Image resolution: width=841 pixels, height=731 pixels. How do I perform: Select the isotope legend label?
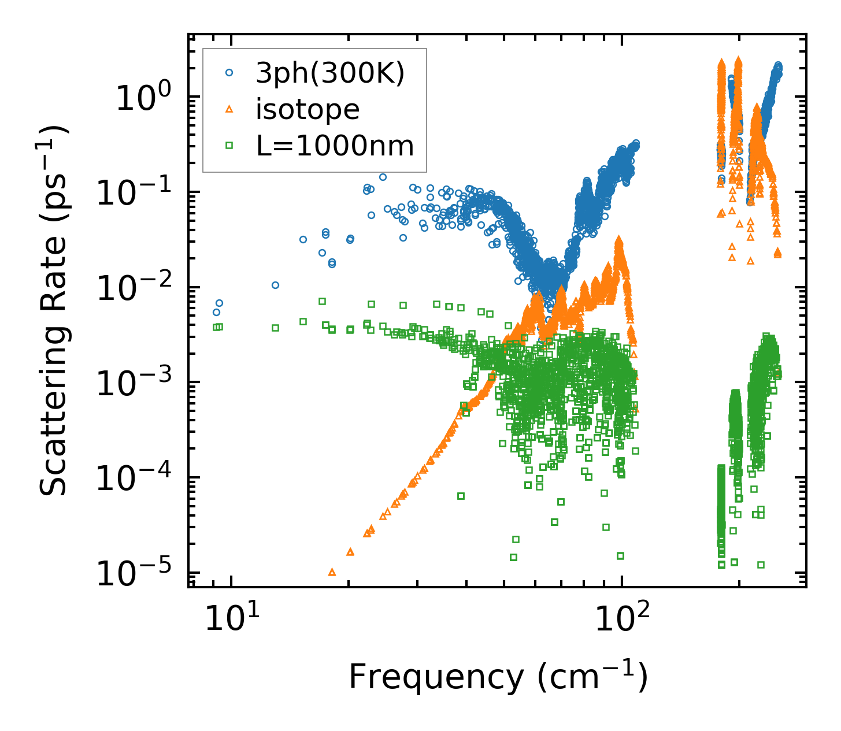click(307, 110)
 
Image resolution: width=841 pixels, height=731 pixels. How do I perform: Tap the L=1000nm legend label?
click(335, 146)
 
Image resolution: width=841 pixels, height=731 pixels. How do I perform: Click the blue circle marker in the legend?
click(229, 73)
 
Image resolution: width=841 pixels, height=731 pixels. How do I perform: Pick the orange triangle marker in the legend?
click(229, 109)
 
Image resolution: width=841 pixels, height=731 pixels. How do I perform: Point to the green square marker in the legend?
click(229, 146)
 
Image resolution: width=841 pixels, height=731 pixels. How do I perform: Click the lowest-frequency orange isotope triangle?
click(332, 572)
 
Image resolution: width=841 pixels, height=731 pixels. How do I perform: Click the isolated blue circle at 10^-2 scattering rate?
click(275, 285)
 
